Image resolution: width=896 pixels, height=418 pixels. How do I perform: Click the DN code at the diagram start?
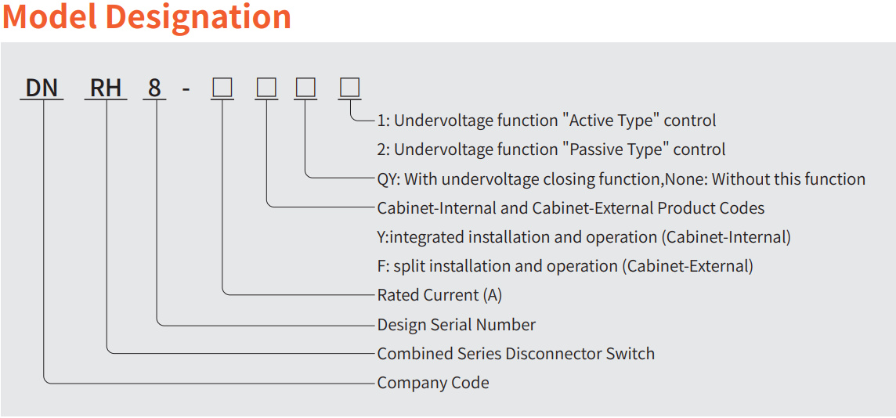tap(42, 88)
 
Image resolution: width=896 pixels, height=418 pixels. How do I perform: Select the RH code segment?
tap(106, 88)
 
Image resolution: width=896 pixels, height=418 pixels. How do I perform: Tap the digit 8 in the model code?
tap(154, 88)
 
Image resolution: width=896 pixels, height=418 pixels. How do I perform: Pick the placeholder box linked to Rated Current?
tap(222, 88)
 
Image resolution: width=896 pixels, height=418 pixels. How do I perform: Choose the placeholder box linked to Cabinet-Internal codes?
tap(267, 88)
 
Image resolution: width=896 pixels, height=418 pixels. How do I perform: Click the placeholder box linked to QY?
tap(305, 88)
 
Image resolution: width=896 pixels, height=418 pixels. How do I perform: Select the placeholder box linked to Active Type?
tap(350, 88)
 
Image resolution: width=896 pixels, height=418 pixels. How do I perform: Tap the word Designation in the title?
tap(198, 17)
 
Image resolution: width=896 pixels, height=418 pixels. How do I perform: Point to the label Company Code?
tap(433, 383)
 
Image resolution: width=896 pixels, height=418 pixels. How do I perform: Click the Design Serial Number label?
tap(457, 325)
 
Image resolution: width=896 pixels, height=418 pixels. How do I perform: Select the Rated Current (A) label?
tap(440, 295)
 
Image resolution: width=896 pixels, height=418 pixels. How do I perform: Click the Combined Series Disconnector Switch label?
tap(516, 354)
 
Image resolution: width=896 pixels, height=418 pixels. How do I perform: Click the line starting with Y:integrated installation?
tap(584, 237)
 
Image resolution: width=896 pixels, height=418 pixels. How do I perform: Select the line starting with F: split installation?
tap(565, 266)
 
